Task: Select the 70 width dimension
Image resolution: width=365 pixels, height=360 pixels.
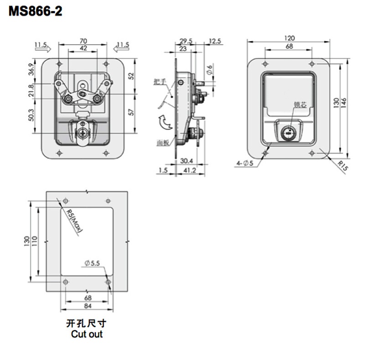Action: [83, 41]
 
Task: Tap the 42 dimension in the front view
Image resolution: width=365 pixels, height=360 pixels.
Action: [83, 48]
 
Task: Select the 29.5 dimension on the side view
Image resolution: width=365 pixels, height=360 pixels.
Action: [185, 41]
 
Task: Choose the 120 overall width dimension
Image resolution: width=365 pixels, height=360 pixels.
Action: [289, 38]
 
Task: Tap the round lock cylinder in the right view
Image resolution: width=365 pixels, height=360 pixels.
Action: [288, 132]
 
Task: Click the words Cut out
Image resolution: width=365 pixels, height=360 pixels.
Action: [87, 334]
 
